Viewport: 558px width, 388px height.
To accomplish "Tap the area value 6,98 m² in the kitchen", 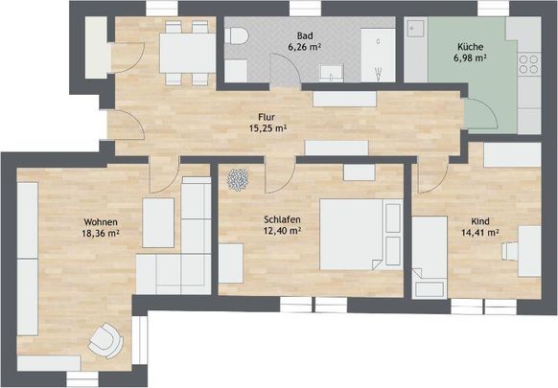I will pyautogui.click(x=469, y=58).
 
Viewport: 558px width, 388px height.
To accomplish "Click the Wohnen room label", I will pyautogui.click(x=101, y=221).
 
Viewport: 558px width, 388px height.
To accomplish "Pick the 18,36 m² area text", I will pyautogui.click(x=101, y=233).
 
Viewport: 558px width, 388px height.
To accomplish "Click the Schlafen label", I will pyautogui.click(x=283, y=218).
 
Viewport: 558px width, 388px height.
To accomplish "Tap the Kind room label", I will pyautogui.click(x=480, y=219).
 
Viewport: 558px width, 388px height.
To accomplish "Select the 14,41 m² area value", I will pyautogui.click(x=480, y=231).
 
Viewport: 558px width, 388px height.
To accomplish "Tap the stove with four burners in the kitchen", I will pyautogui.click(x=530, y=65).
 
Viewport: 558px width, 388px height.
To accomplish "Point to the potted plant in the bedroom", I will pyautogui.click(x=236, y=178).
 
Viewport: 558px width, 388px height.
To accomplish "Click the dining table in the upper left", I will pyautogui.click(x=185, y=47).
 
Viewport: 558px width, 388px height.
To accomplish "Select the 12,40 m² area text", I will pyautogui.click(x=283, y=230).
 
